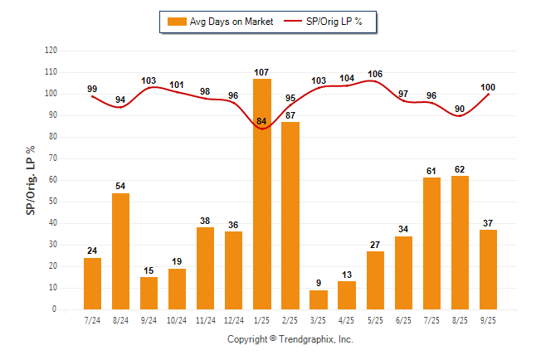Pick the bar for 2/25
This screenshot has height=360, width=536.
click(x=290, y=216)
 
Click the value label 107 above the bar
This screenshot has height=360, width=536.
click(x=261, y=72)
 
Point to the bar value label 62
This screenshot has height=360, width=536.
click(x=460, y=169)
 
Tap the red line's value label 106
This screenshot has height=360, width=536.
click(x=375, y=74)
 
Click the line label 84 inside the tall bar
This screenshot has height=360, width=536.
click(x=261, y=123)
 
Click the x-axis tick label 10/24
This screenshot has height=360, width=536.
click(x=177, y=320)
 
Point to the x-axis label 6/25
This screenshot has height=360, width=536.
click(x=403, y=320)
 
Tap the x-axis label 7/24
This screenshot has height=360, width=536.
click(x=92, y=320)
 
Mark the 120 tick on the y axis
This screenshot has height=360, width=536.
click(x=51, y=51)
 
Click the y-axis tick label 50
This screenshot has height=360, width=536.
click(x=54, y=202)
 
